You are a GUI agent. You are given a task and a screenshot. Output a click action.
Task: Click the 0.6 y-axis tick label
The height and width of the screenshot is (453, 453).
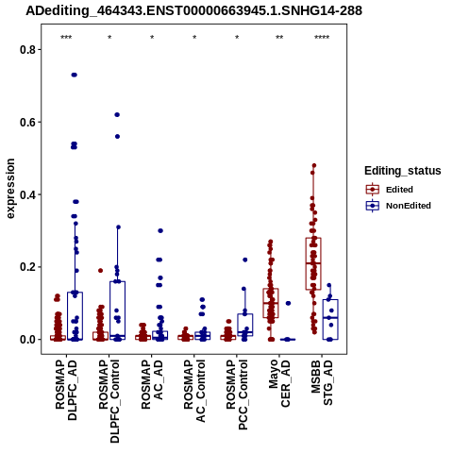coord(26,122)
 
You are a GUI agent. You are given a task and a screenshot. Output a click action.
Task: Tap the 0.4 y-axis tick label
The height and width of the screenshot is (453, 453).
coord(26,194)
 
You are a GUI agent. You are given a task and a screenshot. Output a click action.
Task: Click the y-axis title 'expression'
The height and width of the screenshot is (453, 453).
coord(10,189)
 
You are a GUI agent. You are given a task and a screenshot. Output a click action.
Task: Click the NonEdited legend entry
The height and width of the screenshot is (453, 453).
coord(398,206)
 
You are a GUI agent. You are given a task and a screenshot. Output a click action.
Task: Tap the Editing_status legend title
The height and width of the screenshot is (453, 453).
coord(403,171)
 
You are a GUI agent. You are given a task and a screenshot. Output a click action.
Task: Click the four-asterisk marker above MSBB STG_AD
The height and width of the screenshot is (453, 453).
coord(322,38)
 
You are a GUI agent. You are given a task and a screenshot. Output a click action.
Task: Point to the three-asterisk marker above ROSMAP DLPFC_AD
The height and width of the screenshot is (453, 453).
coord(66,38)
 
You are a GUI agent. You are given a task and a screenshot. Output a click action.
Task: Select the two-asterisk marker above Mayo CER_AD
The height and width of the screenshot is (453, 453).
coord(279,38)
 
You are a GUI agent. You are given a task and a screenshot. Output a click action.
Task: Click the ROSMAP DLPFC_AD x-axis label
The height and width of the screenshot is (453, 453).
coord(66,390)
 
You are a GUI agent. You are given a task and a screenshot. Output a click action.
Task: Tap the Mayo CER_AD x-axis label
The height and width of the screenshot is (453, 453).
coord(279,383)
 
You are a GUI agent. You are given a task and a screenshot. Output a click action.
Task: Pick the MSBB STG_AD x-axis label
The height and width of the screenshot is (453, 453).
coord(322,382)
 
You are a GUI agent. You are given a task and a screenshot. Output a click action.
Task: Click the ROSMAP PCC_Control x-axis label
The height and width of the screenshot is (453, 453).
coord(237,394)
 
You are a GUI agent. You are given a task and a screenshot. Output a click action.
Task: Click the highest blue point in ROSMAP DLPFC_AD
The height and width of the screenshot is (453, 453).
coord(75,75)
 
